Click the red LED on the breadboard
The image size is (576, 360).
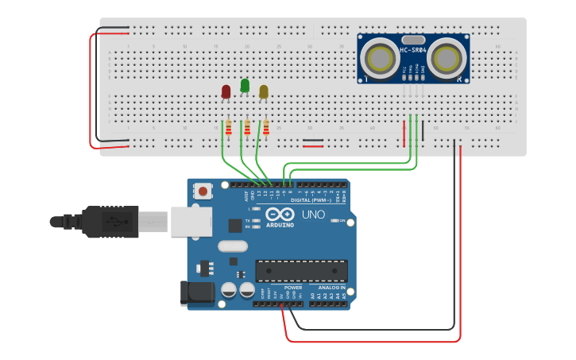tap(226, 91)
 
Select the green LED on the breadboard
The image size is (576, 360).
tap(245, 85)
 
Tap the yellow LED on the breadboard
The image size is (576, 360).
tap(264, 91)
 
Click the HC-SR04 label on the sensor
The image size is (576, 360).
tap(413, 51)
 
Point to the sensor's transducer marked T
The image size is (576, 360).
tap(377, 58)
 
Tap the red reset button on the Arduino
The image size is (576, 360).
tap(204, 191)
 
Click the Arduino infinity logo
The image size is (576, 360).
tap(280, 215)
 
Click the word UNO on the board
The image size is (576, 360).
tap(313, 215)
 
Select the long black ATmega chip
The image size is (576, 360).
tap(301, 270)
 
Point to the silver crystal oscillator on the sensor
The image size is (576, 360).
tap(413, 40)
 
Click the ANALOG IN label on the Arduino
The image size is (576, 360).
tap(332, 287)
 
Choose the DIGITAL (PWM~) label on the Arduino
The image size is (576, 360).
tap(312, 199)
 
